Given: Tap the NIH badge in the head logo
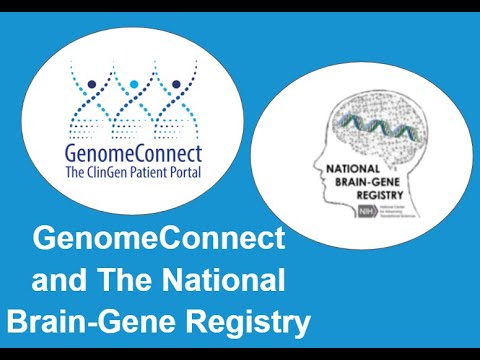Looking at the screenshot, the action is click(351, 210).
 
